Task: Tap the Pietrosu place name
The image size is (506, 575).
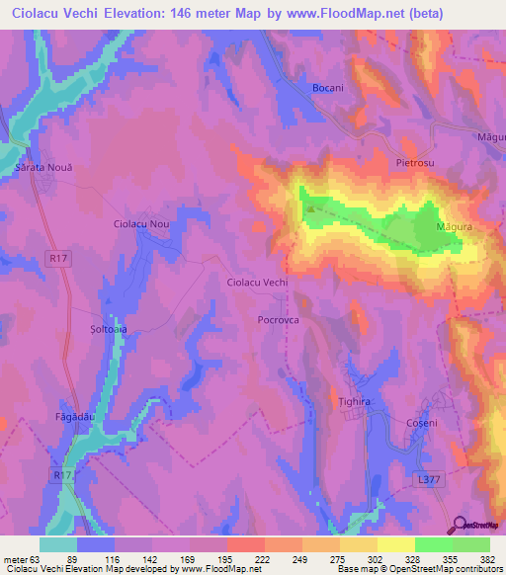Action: coord(415,161)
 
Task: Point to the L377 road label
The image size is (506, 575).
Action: coord(427,479)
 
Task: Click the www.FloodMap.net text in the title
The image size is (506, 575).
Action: coord(333,14)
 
